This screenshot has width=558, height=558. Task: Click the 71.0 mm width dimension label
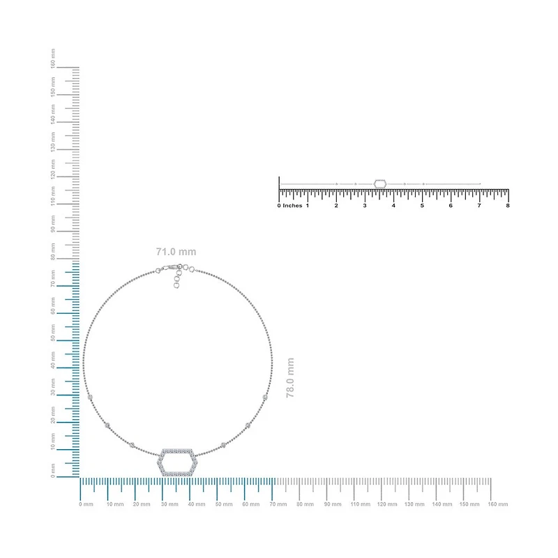tap(176, 252)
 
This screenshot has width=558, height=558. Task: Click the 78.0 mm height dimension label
tap(290, 377)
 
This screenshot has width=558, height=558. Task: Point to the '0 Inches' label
tap(289, 206)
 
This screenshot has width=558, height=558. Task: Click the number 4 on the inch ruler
tap(393, 206)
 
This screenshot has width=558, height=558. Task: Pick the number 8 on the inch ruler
tap(508, 206)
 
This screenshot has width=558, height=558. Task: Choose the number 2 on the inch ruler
tap(336, 206)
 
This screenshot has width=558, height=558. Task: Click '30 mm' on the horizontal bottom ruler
tap(169, 504)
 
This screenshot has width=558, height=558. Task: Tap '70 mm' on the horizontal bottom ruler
tap(278, 504)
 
